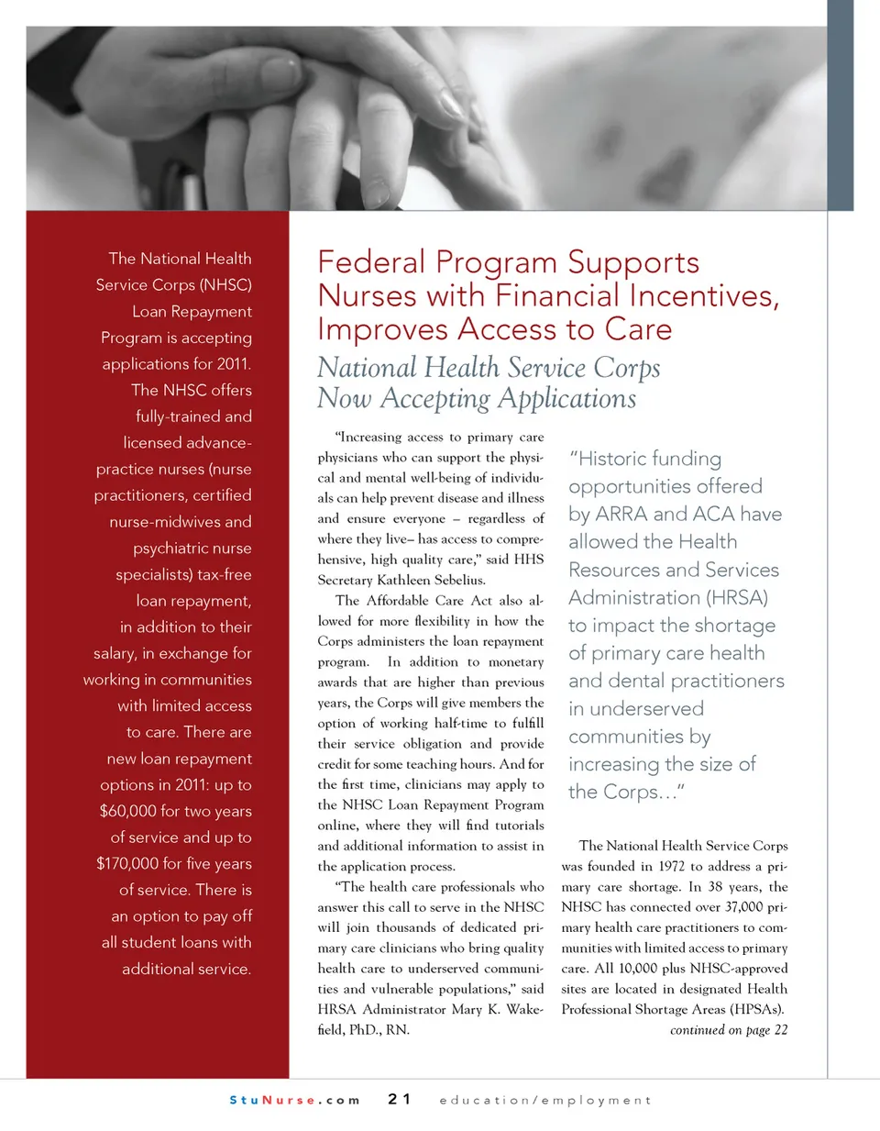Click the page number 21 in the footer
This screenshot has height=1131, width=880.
tap(399, 1099)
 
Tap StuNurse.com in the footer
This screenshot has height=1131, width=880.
tap(294, 1100)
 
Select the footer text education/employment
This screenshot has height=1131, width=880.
tap(545, 1100)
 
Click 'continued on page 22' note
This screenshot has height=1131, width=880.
tap(728, 1030)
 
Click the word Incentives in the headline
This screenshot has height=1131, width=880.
tap(703, 296)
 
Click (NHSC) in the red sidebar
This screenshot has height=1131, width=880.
tap(225, 285)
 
